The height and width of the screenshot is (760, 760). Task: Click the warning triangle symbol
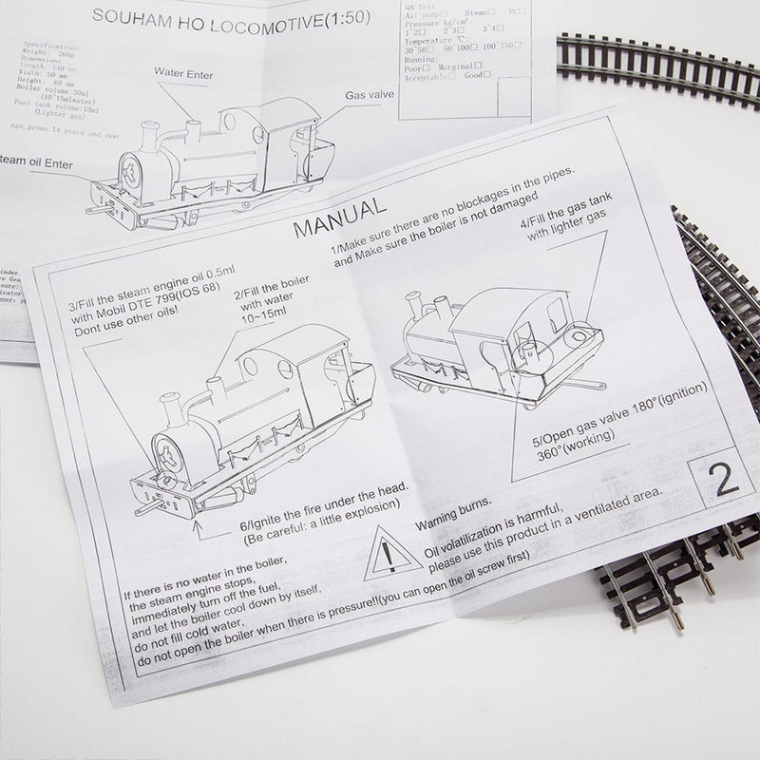(x=386, y=555)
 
